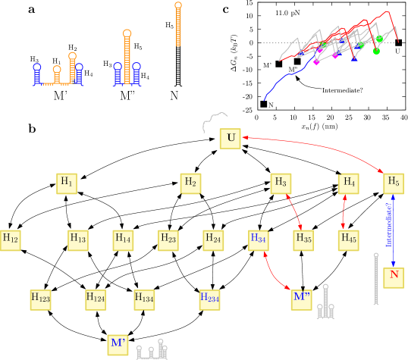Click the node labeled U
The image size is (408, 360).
coord(231,139)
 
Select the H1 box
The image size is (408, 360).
coord(67,183)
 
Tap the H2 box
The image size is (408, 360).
coord(190,183)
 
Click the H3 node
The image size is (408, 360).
coord(281,183)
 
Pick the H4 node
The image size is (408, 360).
coord(348,183)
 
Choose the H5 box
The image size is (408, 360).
coord(393,183)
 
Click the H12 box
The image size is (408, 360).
coord(10,240)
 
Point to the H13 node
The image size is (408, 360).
coord(78,240)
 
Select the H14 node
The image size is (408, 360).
coord(123,240)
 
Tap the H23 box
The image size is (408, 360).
coord(168,240)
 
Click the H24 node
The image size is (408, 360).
coord(213,240)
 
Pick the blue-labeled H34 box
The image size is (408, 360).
coord(259,240)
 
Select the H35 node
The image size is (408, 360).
coord(303,240)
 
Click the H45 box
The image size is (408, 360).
coord(348,240)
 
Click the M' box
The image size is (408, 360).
coord(118,345)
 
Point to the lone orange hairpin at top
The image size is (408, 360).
coord(178,24)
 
